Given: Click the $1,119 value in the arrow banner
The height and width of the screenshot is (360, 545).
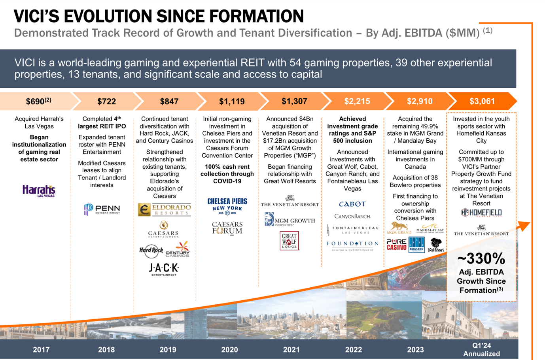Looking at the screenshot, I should pyautogui.click(x=232, y=102).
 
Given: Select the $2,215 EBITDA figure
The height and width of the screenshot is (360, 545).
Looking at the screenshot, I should pyautogui.click(x=357, y=102).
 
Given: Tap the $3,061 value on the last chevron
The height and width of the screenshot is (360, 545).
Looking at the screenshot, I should pyautogui.click(x=482, y=102).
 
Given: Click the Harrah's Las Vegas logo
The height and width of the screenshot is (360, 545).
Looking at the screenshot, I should pyautogui.click(x=39, y=191).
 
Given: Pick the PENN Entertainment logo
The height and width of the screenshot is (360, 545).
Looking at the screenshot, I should pyautogui.click(x=102, y=209).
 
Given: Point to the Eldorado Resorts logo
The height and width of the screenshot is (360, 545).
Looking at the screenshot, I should pyautogui.click(x=165, y=209).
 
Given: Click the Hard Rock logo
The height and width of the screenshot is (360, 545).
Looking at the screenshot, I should pyautogui.click(x=151, y=250).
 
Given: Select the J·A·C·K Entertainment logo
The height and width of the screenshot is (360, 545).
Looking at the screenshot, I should pyautogui.click(x=164, y=269).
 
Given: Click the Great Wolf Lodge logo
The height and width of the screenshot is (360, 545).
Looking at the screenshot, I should pyautogui.click(x=289, y=241).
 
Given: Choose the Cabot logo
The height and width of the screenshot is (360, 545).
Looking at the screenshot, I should pyautogui.click(x=352, y=204).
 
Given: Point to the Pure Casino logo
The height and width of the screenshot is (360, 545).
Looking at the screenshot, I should pyautogui.click(x=396, y=245).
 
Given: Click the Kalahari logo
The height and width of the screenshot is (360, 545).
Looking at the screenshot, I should pyautogui.click(x=436, y=245).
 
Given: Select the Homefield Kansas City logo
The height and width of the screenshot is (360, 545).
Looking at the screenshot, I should pyautogui.click(x=481, y=213).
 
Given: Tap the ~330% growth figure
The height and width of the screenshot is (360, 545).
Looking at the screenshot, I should pyautogui.click(x=481, y=259).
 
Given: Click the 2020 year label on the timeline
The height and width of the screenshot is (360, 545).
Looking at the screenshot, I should pyautogui.click(x=229, y=350).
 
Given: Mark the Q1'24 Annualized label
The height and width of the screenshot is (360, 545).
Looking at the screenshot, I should pyautogui.click(x=481, y=350).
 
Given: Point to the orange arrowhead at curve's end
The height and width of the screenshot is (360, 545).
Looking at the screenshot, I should pyautogui.click(x=524, y=226).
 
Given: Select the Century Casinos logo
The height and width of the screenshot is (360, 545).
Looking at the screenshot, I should pyautogui.click(x=178, y=251).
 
